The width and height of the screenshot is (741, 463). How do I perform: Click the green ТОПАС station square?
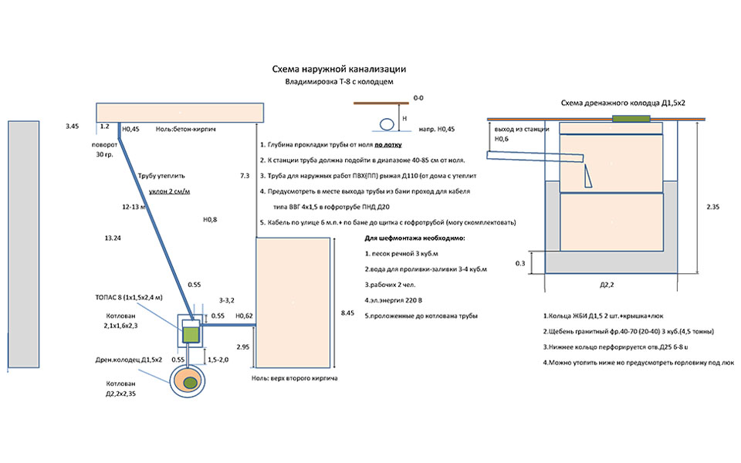191,333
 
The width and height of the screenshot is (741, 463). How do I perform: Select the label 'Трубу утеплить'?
161,176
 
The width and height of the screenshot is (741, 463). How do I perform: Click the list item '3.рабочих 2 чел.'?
391,285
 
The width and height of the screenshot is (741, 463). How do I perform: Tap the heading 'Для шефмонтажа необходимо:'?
414,238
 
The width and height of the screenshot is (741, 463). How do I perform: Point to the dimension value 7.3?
245,177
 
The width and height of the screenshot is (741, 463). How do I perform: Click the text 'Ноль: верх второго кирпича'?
296,379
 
